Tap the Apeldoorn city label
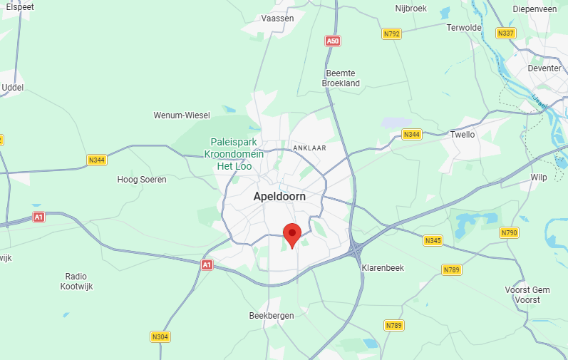280,195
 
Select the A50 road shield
332,41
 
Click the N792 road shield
391,34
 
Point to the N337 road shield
506,33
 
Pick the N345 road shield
433,240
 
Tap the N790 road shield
509,233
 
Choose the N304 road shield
160,336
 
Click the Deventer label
544,68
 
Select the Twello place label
462,134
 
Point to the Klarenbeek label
383,267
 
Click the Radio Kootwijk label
77,281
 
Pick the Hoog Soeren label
142,180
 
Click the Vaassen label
278,19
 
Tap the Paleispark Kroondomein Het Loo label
234,153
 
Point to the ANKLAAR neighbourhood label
309,148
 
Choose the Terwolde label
464,28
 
